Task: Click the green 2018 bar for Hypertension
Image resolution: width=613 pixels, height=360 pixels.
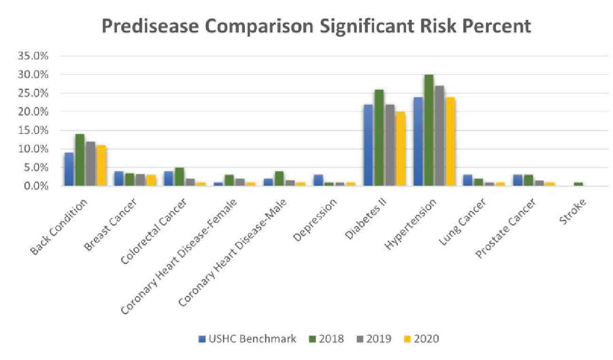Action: [429, 130]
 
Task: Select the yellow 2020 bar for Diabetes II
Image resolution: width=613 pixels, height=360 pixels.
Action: [400, 149]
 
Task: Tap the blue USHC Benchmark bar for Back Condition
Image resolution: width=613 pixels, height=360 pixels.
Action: [69, 169]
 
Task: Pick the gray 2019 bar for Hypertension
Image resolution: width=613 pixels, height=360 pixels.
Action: [440, 136]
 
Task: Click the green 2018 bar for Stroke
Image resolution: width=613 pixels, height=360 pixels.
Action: [578, 184]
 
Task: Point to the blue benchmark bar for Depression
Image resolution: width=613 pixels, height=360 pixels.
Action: [319, 180]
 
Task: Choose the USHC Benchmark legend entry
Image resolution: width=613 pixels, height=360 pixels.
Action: [247, 338]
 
